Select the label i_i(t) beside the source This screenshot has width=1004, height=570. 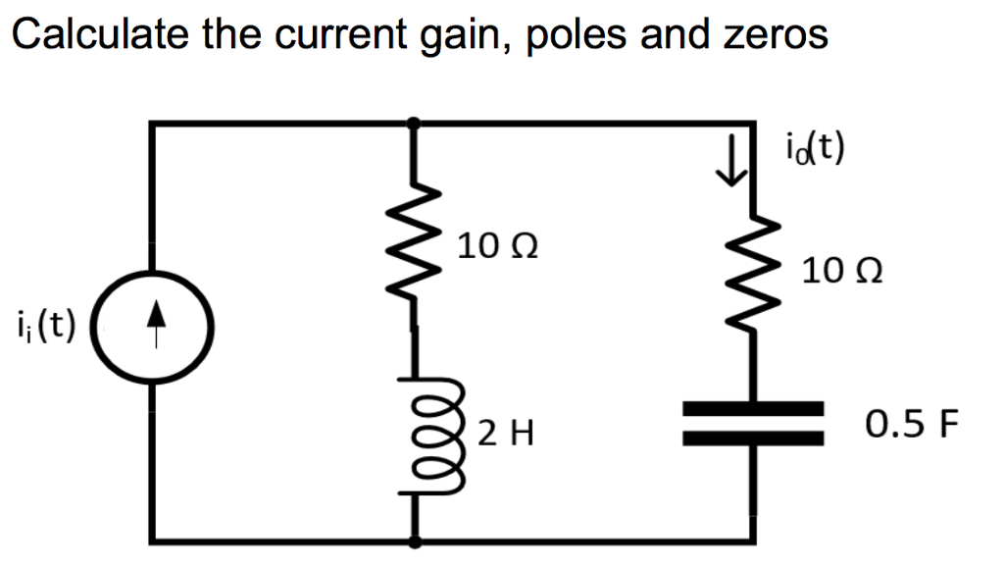46,324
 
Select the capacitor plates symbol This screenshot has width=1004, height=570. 753,423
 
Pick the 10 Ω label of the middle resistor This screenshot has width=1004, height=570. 497,246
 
